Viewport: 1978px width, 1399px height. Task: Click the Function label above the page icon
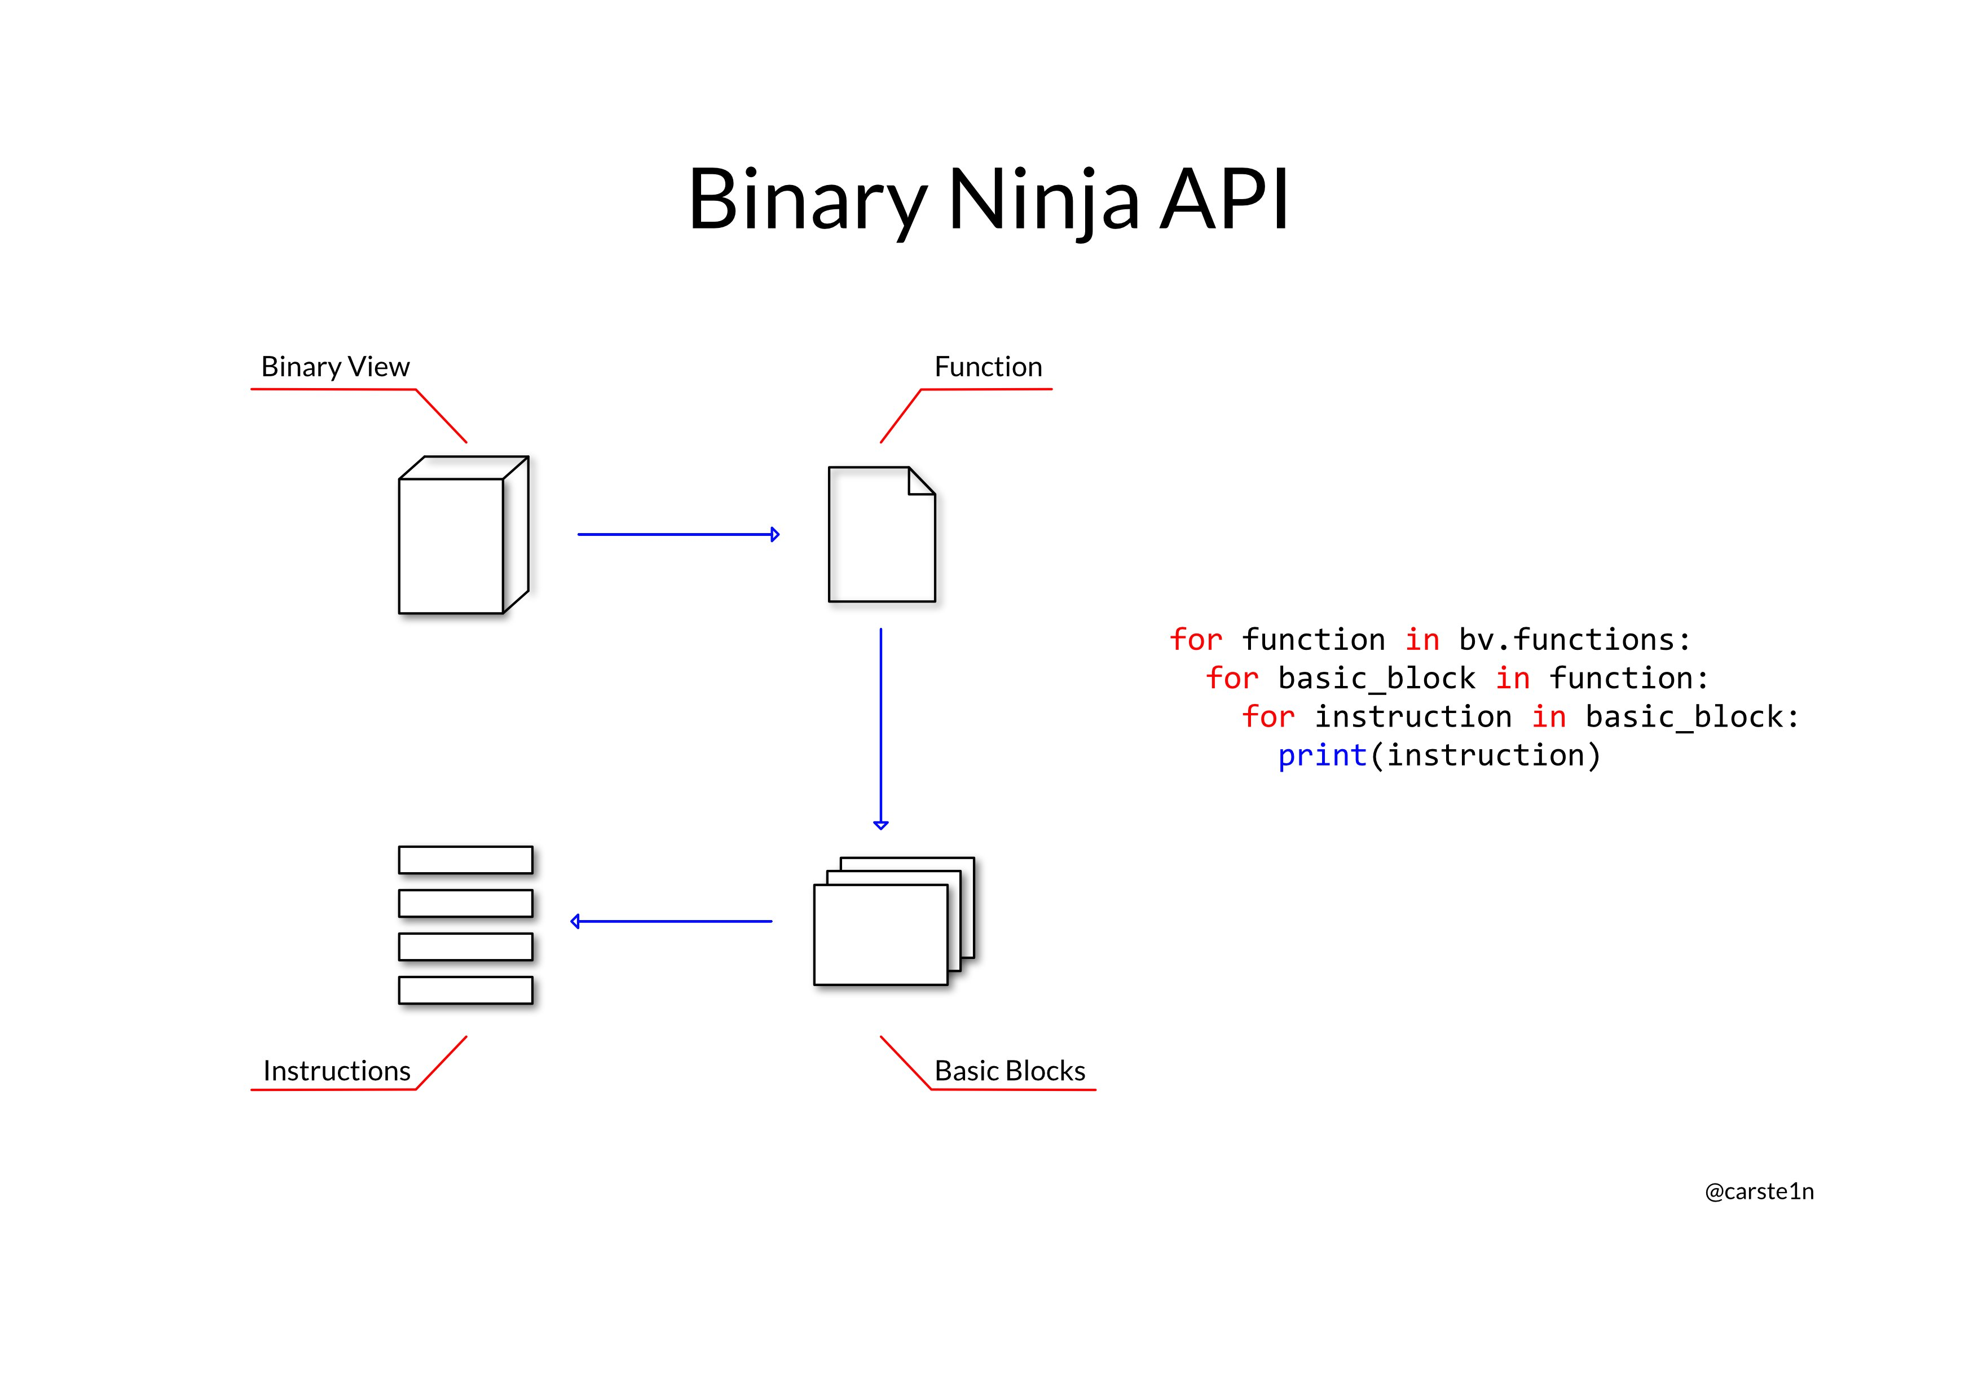(988, 367)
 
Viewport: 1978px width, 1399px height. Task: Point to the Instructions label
(337, 1071)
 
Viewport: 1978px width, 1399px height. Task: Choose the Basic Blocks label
(1010, 1071)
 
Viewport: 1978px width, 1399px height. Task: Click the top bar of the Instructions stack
(465, 860)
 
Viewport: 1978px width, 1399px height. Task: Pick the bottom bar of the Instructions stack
(465, 990)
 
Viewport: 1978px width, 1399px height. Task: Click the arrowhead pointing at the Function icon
(774, 535)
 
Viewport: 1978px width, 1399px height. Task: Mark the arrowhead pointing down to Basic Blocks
(880, 824)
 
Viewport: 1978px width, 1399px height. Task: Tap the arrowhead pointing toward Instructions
(575, 922)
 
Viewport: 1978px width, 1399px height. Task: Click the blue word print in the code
(1321, 755)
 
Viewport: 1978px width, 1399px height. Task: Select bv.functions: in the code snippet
(1575, 640)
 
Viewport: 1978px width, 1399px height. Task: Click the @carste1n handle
(1759, 1191)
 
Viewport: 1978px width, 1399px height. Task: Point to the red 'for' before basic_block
(1232, 679)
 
